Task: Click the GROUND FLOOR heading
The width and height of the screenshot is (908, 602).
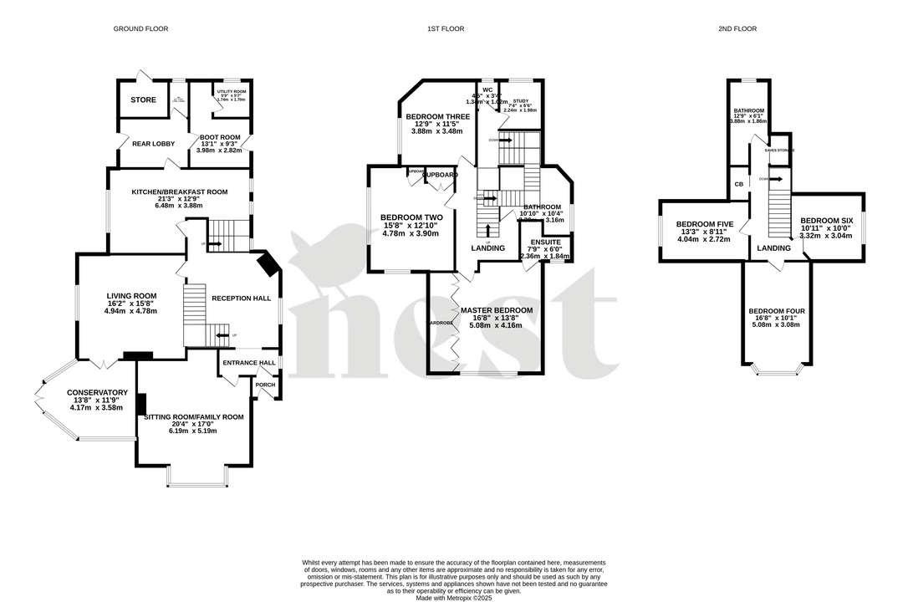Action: [x=140, y=28]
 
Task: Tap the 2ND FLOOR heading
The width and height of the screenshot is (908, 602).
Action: [x=737, y=28]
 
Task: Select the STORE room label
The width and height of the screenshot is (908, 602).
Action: [x=143, y=100]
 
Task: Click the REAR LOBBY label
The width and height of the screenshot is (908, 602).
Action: [x=154, y=144]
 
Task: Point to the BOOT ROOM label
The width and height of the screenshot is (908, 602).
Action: [x=219, y=137]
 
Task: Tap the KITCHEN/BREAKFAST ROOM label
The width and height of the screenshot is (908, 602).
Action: [x=180, y=191]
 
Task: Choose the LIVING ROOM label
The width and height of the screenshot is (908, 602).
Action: [x=131, y=295]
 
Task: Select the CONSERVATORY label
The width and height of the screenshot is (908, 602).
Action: [x=98, y=392]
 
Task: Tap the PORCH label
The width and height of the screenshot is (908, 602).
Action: [x=265, y=385]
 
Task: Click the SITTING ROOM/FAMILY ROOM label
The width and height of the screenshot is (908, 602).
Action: [x=193, y=416]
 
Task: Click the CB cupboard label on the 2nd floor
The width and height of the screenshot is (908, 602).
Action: [x=738, y=184]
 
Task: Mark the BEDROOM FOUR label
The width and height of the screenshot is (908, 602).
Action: [x=777, y=311]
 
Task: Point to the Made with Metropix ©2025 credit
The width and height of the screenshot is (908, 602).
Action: [x=454, y=597]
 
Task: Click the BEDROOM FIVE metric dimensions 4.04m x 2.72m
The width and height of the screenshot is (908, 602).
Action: [x=703, y=239]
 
